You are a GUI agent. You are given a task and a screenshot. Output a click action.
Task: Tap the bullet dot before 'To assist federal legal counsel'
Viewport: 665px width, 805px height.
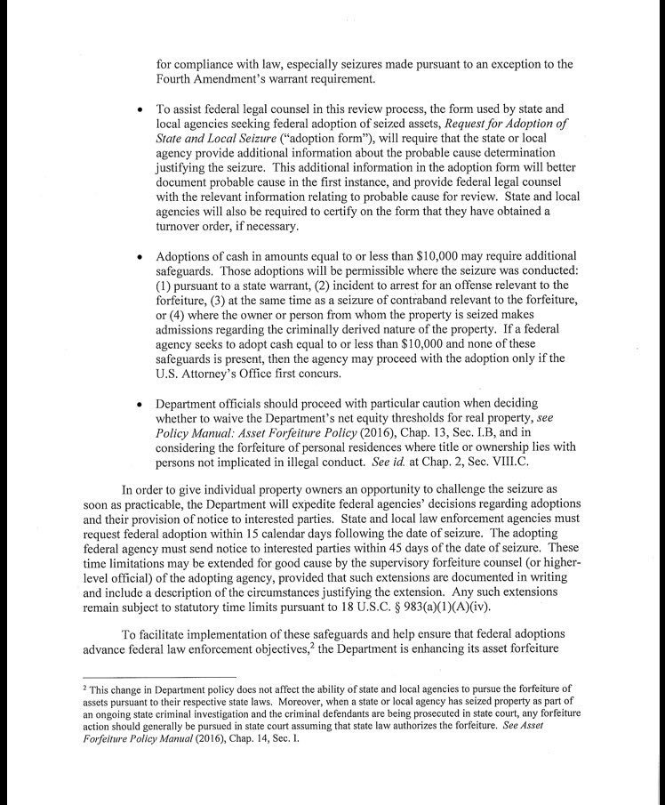(x=140, y=109)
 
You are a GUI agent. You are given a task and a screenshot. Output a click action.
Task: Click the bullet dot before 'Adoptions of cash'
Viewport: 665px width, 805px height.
(x=140, y=257)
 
